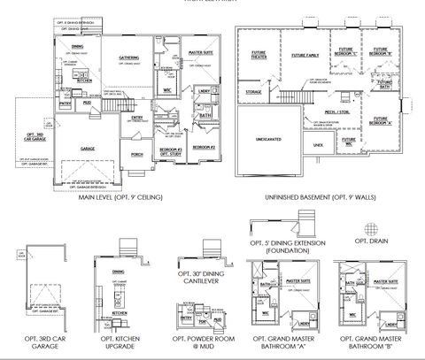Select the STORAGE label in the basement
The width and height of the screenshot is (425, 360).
[x=253, y=91]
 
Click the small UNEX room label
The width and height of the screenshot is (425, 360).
[x=318, y=144]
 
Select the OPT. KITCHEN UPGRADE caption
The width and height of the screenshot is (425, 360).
[x=119, y=342]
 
